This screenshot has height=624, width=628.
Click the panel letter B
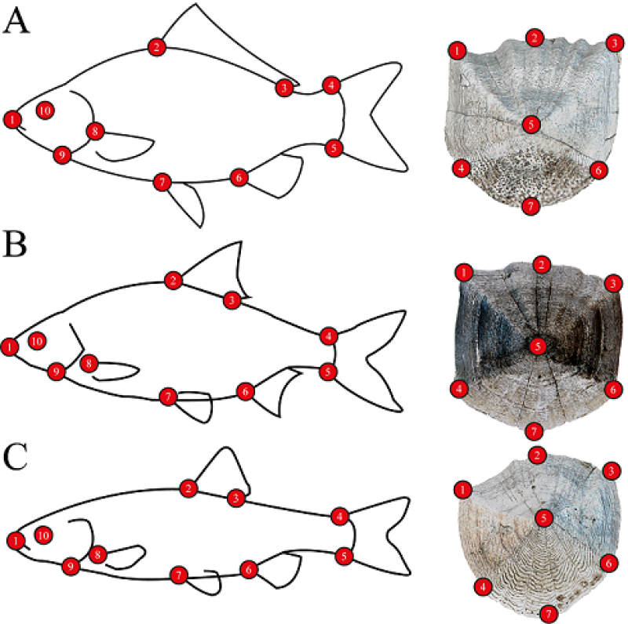point(16,246)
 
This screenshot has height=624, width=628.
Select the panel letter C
point(16,458)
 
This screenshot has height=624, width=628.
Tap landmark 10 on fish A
point(45,111)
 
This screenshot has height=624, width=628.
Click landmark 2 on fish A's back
point(157,48)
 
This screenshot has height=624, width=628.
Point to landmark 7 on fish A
point(162,183)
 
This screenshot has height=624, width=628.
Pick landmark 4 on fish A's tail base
point(331,85)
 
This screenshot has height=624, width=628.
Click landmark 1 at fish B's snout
point(9,346)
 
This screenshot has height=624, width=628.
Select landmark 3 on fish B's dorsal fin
point(232,299)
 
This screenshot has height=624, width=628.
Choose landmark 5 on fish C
point(344,556)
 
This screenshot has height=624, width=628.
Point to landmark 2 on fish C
point(187,489)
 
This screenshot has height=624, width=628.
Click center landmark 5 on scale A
point(531,124)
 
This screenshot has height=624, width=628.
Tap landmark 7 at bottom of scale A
point(530,206)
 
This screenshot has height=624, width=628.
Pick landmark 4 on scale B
point(460,387)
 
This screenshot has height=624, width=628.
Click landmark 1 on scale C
point(463,489)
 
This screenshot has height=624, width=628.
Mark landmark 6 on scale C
point(607,563)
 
